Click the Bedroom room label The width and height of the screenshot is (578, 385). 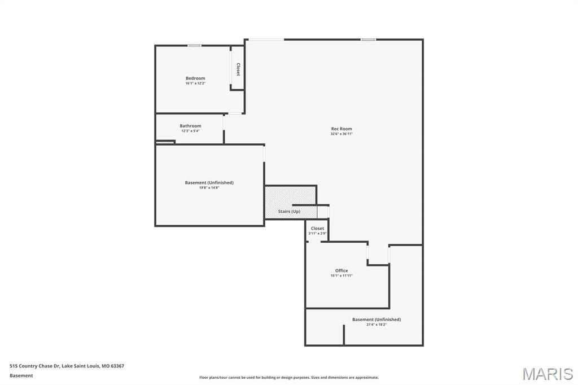tap(195, 78)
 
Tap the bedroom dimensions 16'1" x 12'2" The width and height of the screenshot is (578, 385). tap(195, 84)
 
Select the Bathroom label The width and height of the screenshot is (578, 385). tap(190, 126)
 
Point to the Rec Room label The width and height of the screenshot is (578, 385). tap(341, 129)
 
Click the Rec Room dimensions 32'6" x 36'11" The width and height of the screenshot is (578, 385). tap(341, 134)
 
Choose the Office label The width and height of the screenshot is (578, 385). tap(341, 270)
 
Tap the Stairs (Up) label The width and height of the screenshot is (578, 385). tap(289, 212)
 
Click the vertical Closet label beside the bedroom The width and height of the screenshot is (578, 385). tap(238, 69)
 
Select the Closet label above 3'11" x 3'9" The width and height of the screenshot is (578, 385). tap(317, 229)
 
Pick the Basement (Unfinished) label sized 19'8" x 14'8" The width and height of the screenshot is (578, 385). tap(209, 182)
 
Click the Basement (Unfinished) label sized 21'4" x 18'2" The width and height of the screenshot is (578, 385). tap(376, 320)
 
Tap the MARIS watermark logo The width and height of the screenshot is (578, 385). tap(548, 374)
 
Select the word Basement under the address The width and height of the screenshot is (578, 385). tap(21, 375)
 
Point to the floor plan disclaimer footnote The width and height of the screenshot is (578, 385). tap(288, 378)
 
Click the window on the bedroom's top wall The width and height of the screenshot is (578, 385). tap(195, 46)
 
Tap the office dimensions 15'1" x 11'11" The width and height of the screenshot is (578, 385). tap(341, 276)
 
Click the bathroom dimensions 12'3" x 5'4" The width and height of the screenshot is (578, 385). tap(190, 131)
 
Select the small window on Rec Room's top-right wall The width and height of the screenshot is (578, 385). tap(369, 40)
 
